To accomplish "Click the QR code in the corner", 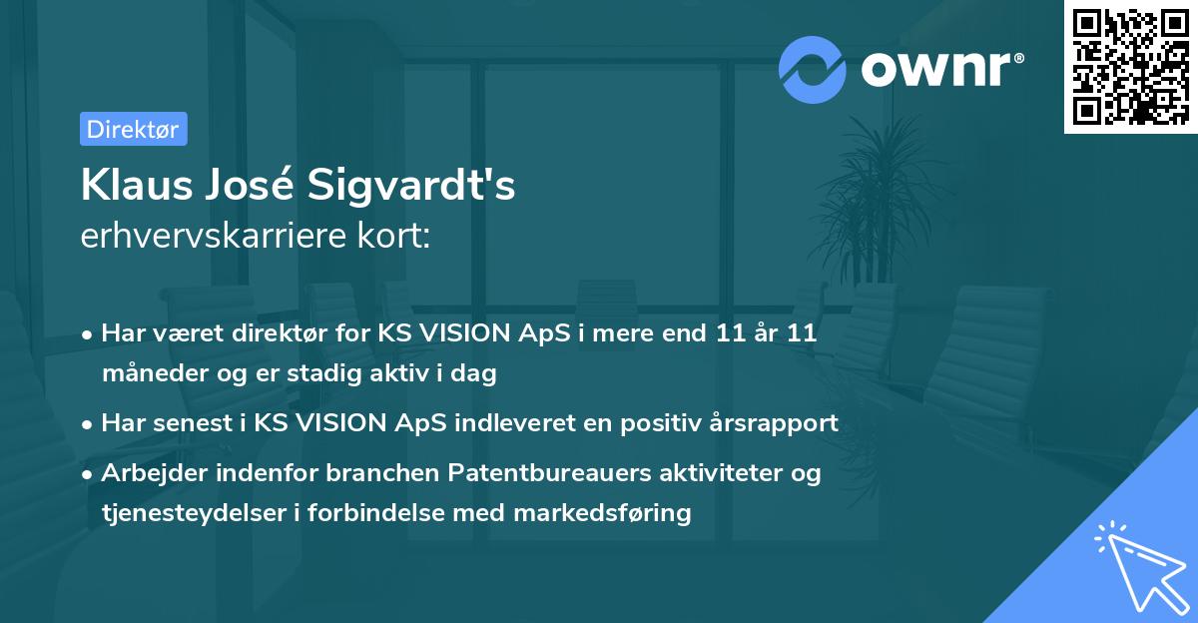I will coord(1130,66).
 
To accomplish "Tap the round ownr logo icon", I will coord(813,69).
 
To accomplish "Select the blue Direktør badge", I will coord(133,129).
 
